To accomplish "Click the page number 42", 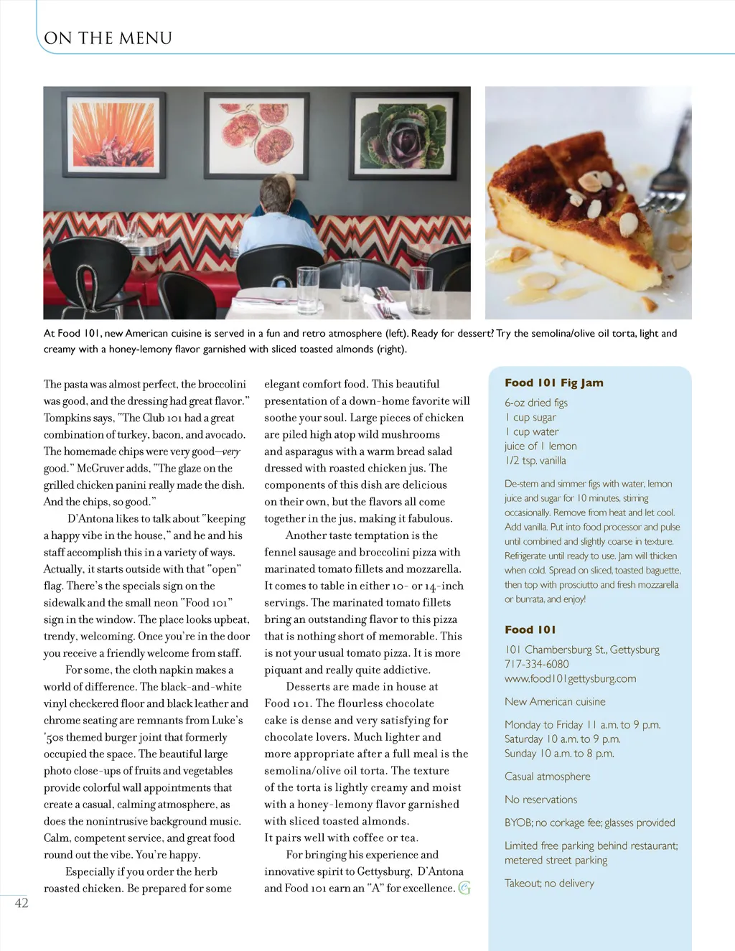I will pos(22,903).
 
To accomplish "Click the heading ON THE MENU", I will pos(108,38).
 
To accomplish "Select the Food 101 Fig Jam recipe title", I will pos(553,383).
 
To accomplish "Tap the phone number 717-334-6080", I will pos(536,665).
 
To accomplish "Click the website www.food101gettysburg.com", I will pos(570,679).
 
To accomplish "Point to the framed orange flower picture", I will pos(113,134).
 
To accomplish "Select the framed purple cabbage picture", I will pos(403,134).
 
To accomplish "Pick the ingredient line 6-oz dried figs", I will pos(535,403).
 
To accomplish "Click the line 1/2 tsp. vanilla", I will pos(535,461).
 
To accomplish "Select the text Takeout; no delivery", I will pos(549,884).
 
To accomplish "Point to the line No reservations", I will pos(540,800).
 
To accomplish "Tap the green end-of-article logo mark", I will pos(464,889).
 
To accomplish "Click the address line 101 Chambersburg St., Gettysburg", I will pos(581,650).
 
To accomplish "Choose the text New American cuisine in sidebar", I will pos(555,702).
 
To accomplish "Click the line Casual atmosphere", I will pos(547,777).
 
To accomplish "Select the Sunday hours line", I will pos(558,754).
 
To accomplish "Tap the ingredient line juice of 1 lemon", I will pos(540,446).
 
